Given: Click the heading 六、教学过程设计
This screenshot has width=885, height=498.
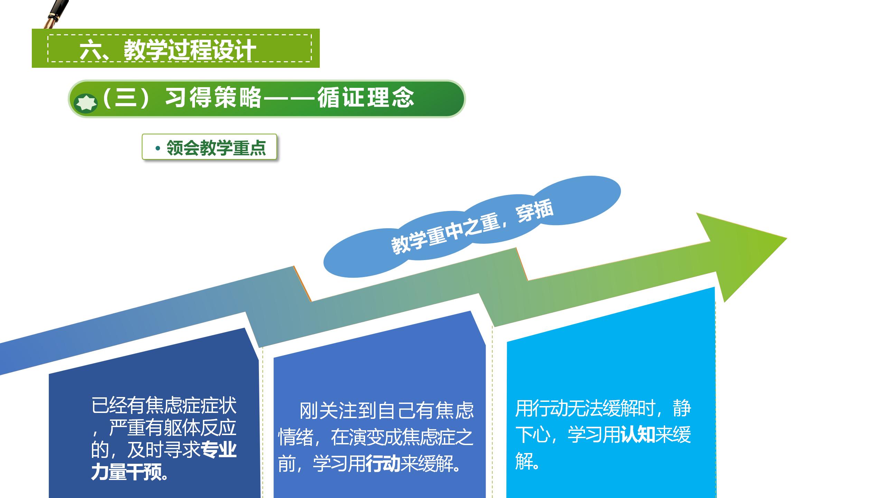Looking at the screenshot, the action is coord(168,50).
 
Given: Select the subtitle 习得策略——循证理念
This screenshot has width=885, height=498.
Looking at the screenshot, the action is coord(290,98).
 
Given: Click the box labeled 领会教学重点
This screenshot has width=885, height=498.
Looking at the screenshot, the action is coord(209,147).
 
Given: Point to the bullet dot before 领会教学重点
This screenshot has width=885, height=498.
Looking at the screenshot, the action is coord(158,148).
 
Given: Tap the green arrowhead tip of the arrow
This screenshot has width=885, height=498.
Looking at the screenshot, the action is coord(786,238).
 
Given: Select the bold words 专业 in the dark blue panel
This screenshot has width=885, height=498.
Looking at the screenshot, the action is coord(219,450).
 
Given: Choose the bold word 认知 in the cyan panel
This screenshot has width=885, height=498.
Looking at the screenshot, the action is coord(638,435).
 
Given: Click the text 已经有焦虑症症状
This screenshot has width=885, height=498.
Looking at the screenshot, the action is coord(164,406).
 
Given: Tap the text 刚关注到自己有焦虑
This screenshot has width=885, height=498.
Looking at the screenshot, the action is coord(386,411).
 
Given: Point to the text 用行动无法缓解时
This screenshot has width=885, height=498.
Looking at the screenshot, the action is coord(585,408).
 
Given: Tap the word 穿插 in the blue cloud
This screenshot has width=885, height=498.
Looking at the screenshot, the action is coord(534,211).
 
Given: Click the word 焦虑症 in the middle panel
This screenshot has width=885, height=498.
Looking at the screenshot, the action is coord(428,437).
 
